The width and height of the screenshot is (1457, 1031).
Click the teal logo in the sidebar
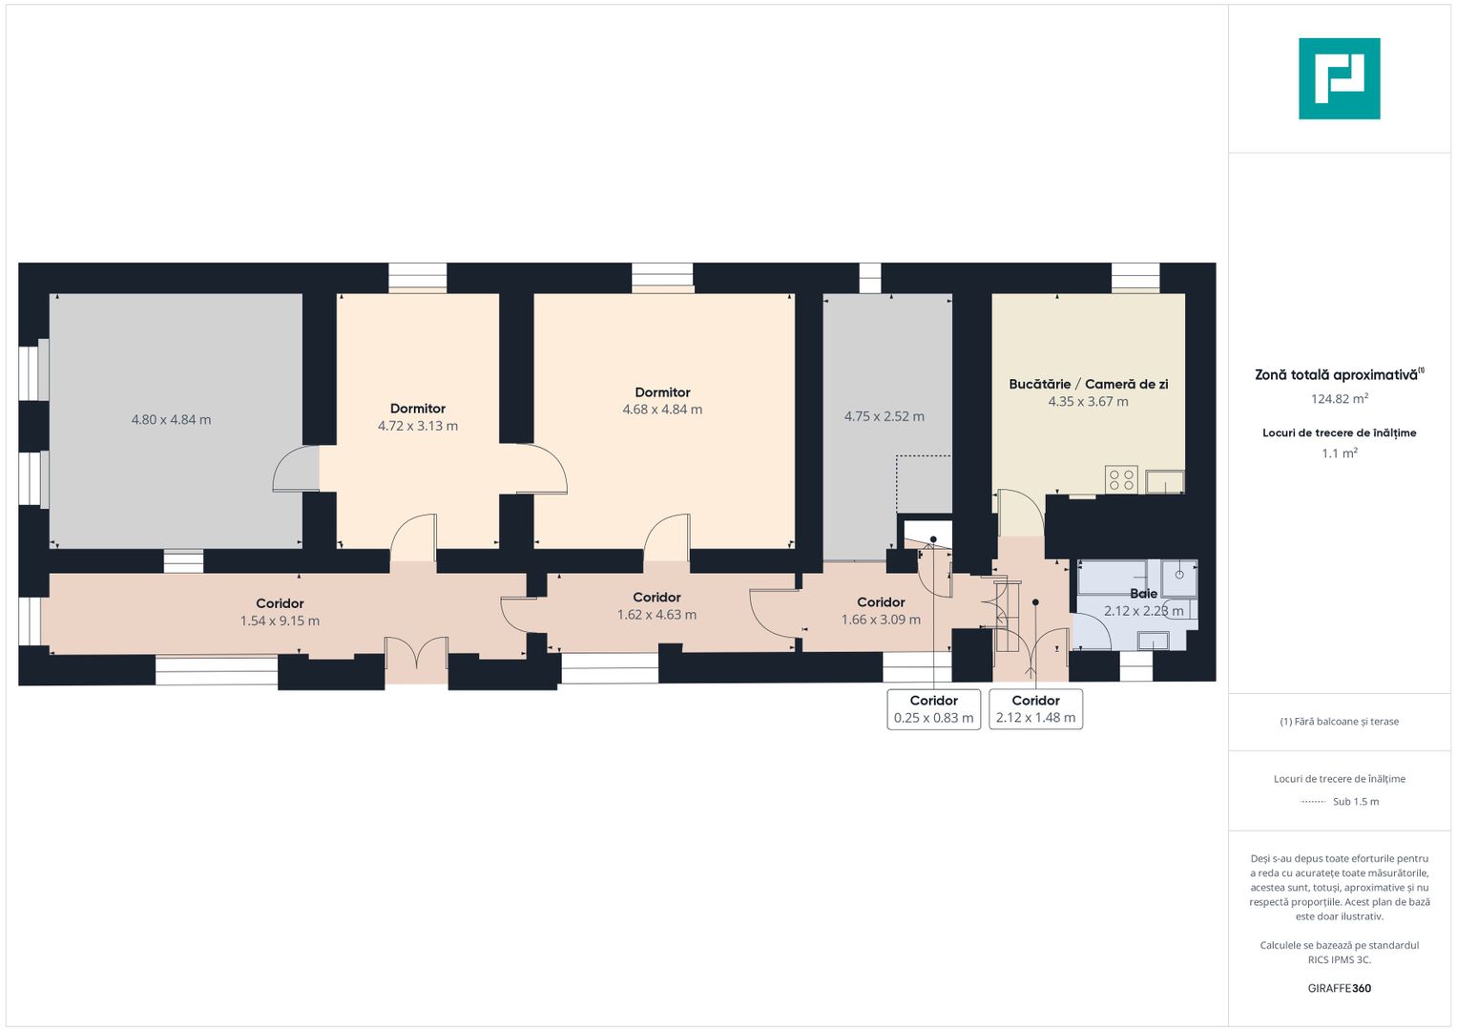click(1340, 78)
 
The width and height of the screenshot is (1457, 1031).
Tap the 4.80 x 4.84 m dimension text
click(171, 420)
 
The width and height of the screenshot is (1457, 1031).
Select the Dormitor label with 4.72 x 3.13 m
click(418, 409)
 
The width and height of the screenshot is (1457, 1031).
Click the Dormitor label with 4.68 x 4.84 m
click(662, 392)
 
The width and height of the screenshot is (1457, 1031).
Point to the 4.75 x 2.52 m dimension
click(884, 416)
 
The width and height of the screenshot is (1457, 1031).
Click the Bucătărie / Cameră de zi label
click(1088, 384)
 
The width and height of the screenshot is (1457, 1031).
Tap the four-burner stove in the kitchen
click(1122, 479)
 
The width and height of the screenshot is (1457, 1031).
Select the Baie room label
click(1143, 594)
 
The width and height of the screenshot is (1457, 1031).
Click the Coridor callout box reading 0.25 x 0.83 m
click(933, 709)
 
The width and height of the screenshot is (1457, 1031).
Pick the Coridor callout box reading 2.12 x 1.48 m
click(1035, 709)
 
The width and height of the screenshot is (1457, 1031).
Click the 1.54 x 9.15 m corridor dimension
click(280, 621)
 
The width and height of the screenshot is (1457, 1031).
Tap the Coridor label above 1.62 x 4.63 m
click(657, 598)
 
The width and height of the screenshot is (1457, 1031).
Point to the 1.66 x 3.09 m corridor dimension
click(881, 620)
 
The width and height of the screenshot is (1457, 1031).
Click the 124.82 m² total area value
click(1340, 398)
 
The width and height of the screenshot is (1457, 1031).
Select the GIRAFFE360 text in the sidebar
click(1340, 988)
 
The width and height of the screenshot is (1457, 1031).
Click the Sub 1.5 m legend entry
click(1356, 802)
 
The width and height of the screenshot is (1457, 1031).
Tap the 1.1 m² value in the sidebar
click(1340, 453)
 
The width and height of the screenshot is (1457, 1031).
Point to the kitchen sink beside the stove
click(1164, 482)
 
